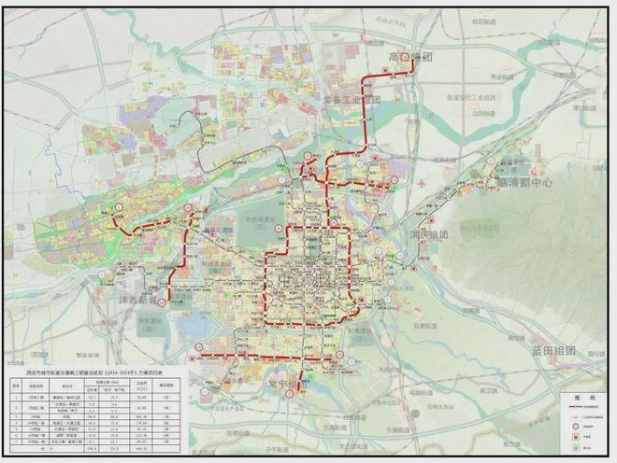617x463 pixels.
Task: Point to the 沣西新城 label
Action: point(140,302)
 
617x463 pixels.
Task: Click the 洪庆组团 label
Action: point(431,235)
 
